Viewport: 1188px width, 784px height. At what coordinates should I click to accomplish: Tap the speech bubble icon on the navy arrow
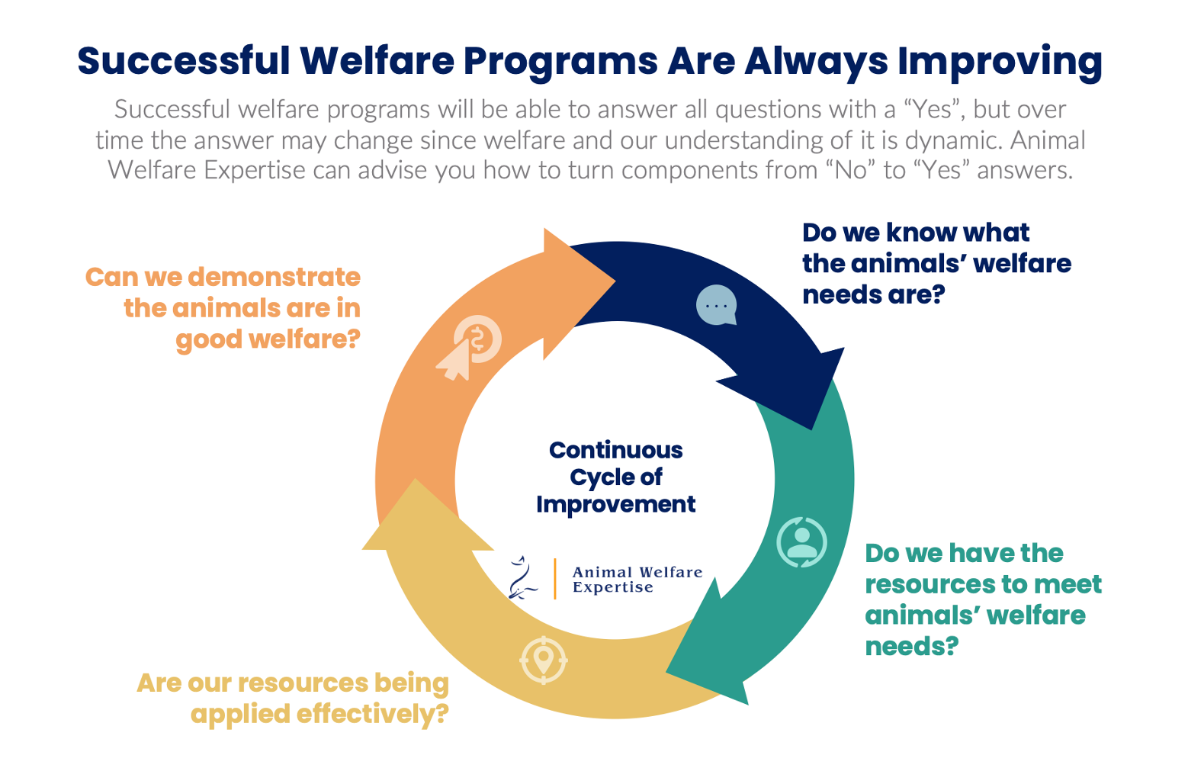[716, 305]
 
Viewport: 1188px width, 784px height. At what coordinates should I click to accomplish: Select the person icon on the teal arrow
[801, 542]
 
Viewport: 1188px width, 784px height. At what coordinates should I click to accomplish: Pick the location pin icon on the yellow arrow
[544, 659]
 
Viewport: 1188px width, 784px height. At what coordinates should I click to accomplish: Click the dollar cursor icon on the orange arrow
[470, 347]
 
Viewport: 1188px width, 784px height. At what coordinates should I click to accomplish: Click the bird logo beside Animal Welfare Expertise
[522, 578]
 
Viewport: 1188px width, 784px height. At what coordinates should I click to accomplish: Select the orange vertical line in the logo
[555, 579]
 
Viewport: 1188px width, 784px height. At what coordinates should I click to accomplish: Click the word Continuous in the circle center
[615, 450]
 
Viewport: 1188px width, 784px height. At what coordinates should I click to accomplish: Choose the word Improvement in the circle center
[615, 504]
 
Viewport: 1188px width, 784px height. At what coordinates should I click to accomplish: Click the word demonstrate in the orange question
[274, 277]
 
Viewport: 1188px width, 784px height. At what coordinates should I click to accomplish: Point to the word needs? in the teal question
[911, 647]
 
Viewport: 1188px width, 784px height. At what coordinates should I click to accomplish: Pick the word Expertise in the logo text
[612, 588]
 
